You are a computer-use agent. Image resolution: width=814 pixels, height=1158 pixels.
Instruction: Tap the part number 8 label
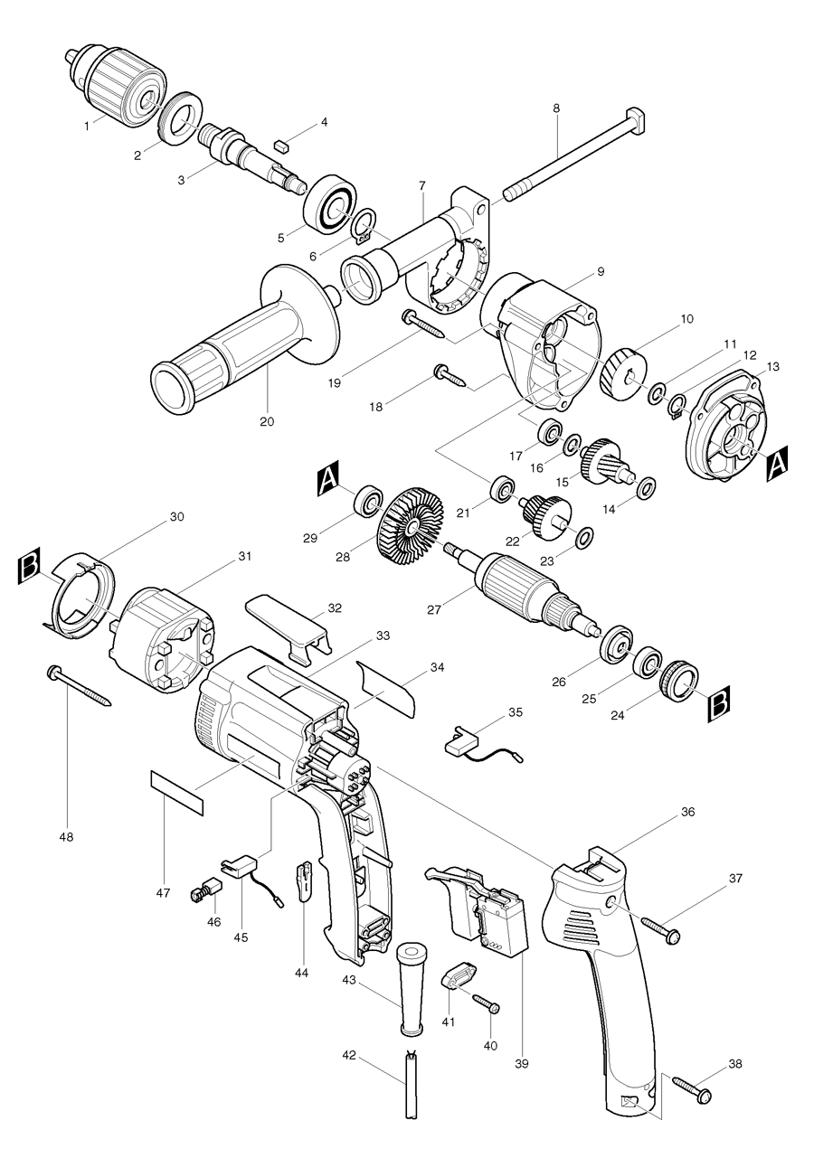pyautogui.click(x=556, y=108)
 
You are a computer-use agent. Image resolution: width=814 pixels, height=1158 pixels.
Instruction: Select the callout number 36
pyautogui.click(x=687, y=812)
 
